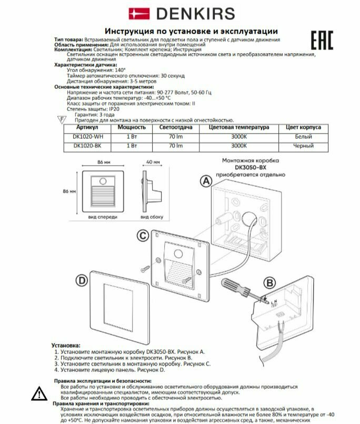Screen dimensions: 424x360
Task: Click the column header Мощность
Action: [131, 127]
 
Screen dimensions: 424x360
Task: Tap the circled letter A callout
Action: [205, 180]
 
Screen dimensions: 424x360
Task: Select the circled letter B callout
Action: [269, 282]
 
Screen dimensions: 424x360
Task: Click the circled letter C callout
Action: [142, 236]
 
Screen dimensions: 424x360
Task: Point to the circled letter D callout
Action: [81, 280]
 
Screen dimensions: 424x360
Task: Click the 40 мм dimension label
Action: [153, 162]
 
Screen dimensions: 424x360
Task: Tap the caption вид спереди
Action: [99, 217]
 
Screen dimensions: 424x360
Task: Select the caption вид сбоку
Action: [152, 217]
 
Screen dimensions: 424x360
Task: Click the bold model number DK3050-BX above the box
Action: [252, 167]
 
